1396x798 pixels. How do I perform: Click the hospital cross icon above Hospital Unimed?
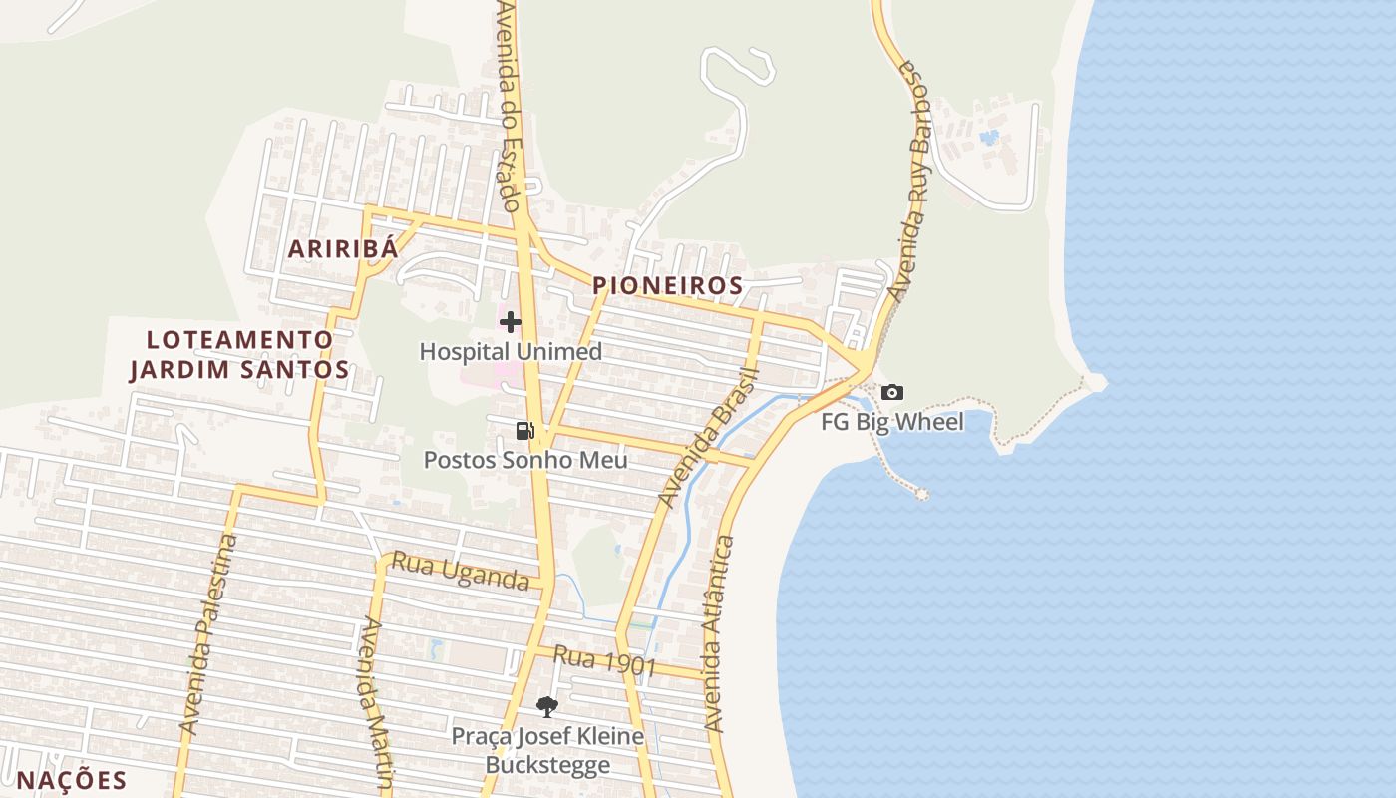click(511, 322)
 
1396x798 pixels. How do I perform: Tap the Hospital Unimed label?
click(511, 352)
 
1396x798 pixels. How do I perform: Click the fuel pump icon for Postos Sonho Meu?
click(524, 431)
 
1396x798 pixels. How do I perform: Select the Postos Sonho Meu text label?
click(525, 460)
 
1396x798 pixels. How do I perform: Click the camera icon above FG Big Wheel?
click(892, 393)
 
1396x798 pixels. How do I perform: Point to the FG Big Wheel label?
click(892, 422)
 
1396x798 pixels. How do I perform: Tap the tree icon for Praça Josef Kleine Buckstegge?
click(546, 707)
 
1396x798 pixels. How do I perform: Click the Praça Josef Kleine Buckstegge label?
click(547, 751)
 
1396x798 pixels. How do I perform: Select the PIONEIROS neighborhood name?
click(668, 286)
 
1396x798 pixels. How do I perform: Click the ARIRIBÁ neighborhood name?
click(343, 249)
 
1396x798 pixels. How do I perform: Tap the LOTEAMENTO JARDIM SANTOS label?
click(239, 355)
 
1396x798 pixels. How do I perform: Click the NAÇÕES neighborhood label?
click(73, 780)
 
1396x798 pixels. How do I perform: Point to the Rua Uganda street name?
click(460, 571)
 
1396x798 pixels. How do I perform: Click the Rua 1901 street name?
click(604, 661)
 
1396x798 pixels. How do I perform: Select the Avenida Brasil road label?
click(710, 438)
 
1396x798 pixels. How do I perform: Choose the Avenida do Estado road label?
click(511, 105)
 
